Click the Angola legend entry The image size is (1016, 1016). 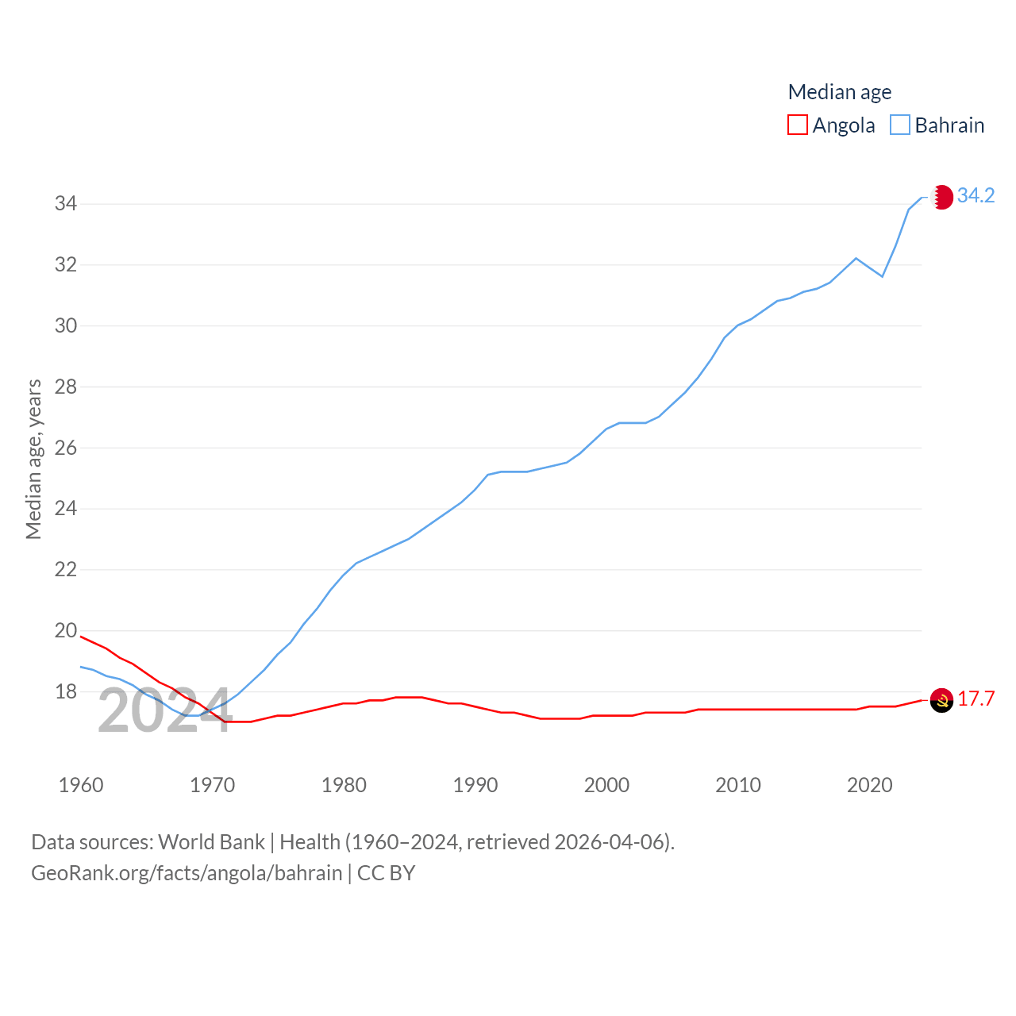(x=831, y=125)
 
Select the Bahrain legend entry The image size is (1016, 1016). (x=937, y=125)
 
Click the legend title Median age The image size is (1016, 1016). (x=839, y=92)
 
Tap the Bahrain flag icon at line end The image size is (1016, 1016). (x=942, y=197)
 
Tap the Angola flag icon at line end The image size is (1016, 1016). (x=941, y=700)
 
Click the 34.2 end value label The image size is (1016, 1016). (x=976, y=195)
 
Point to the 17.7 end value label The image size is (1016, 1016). (x=976, y=698)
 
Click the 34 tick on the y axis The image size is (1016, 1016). (x=66, y=204)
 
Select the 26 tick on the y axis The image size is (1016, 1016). (x=66, y=448)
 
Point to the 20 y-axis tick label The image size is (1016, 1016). (x=66, y=631)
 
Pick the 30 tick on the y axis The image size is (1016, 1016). (x=66, y=325)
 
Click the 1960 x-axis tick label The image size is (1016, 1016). (x=81, y=785)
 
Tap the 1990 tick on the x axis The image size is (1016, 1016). (x=475, y=785)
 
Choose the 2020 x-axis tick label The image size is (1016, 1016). (x=870, y=785)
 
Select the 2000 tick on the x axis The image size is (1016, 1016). (x=606, y=785)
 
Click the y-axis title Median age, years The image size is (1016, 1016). (x=33, y=460)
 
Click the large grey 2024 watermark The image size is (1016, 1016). (x=165, y=711)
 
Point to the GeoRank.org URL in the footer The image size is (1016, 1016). (x=187, y=873)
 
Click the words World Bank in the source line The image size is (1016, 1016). (x=211, y=841)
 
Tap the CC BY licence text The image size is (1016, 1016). (x=387, y=873)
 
